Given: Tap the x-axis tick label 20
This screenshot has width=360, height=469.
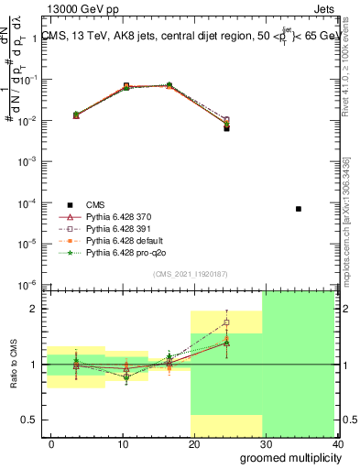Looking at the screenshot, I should point(191,444).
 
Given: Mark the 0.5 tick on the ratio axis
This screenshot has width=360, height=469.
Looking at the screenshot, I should point(33,420).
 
